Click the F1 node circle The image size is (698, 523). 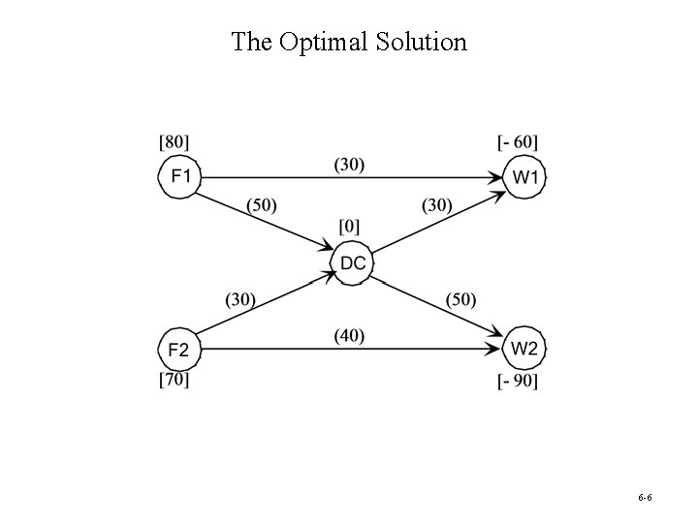pos(179,177)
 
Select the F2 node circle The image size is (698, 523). pos(179,349)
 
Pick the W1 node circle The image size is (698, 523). pos(524,177)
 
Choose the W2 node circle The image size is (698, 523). pos(524,349)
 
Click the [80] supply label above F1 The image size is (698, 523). pos(174,142)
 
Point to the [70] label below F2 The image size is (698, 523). pos(174,380)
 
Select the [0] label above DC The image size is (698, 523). pos(349,227)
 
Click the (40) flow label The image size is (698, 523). pos(349,335)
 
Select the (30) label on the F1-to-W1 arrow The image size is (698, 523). pos(349,165)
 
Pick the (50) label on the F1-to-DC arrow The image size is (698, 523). pos(262,204)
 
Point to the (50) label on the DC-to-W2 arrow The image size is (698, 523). pos(460,300)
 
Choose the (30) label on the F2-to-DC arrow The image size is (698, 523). pos(240,300)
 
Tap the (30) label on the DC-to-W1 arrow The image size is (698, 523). pos(438,204)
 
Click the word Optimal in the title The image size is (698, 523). pos(324,42)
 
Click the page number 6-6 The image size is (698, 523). pos(645,497)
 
